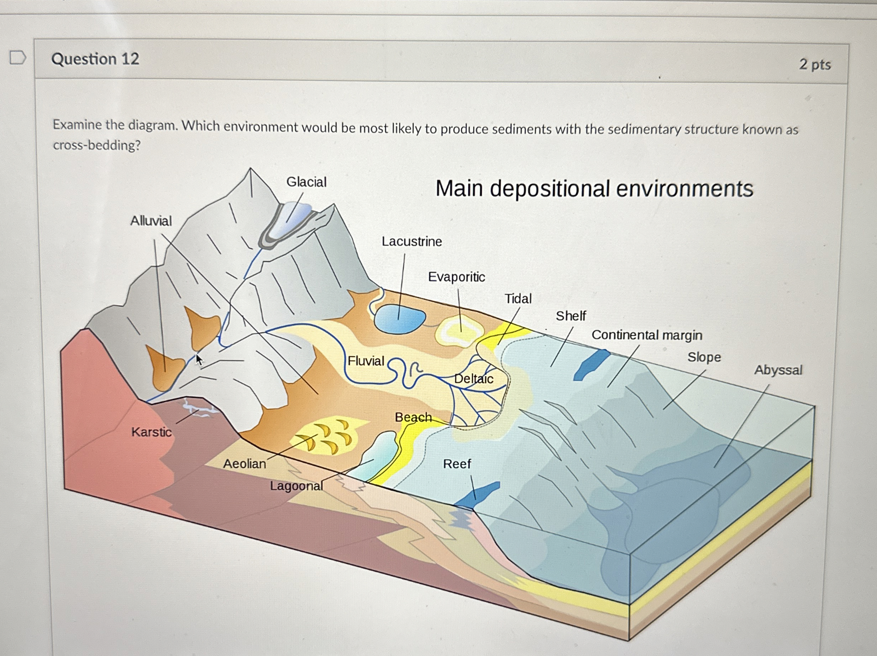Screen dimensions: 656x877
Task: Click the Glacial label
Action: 306,182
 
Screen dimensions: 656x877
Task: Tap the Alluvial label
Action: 151,221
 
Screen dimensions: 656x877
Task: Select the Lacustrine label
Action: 411,241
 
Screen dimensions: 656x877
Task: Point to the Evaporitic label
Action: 456,277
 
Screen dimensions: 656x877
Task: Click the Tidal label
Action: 518,299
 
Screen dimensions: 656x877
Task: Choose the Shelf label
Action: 571,316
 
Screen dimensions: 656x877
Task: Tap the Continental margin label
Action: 647,335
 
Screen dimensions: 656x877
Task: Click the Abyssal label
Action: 778,370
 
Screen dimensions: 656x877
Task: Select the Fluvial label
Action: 366,361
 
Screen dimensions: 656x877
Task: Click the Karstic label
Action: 152,432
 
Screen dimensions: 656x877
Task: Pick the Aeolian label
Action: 244,463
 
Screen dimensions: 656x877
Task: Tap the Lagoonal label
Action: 296,486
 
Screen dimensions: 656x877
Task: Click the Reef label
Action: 457,464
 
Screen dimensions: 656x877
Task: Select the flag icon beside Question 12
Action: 18,58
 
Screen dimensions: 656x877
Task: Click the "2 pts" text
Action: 814,64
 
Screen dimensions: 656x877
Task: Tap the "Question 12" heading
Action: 95,59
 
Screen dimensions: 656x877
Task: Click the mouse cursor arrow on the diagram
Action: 199,360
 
